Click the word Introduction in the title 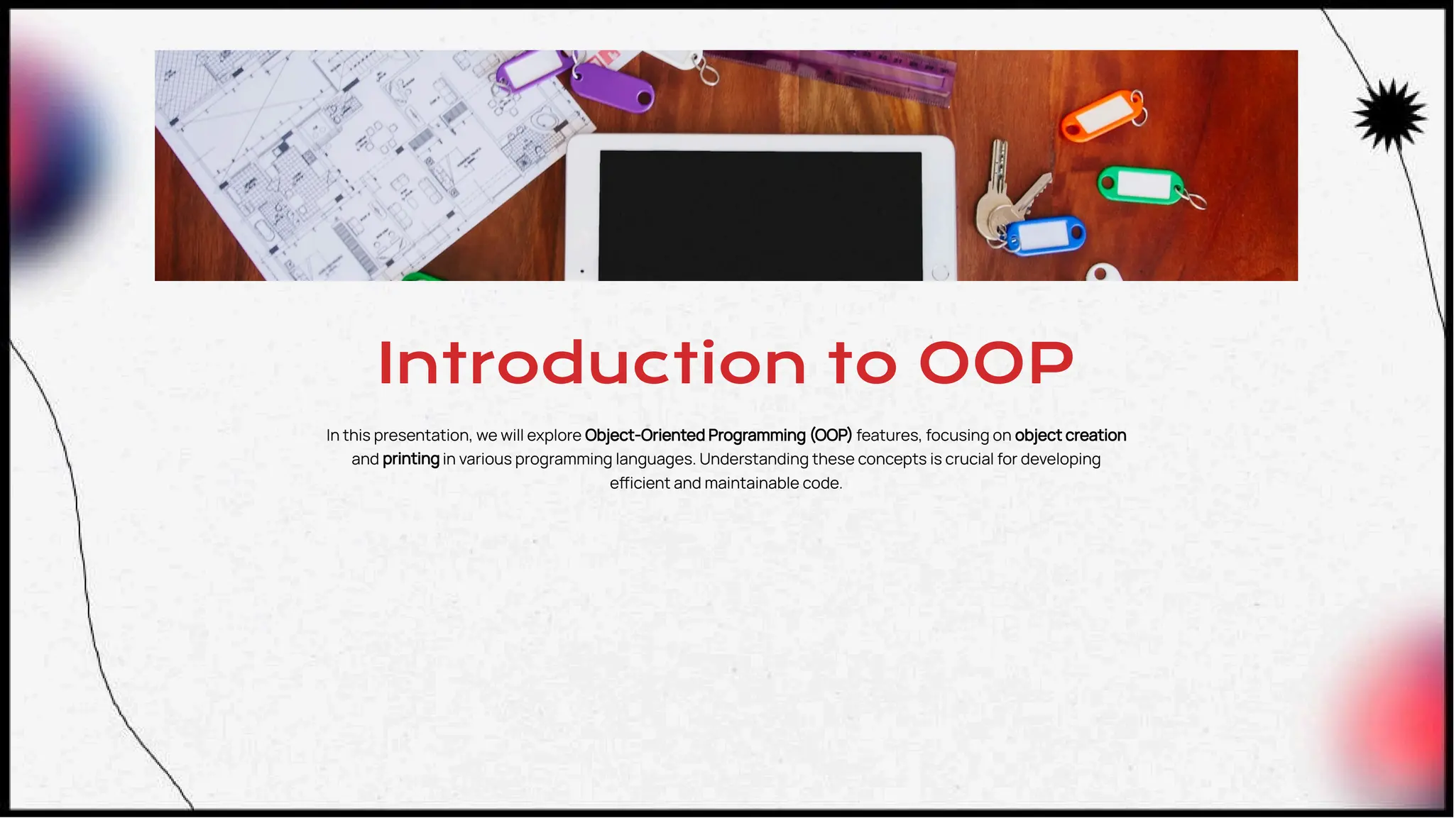pos(592,363)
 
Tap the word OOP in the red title pos(995,363)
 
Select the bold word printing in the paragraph pos(410,459)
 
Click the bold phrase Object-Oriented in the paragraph pos(644,435)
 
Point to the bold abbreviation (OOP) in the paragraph pos(831,435)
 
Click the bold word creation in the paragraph pos(1096,435)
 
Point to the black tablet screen pos(760,216)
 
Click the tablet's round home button pos(940,273)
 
